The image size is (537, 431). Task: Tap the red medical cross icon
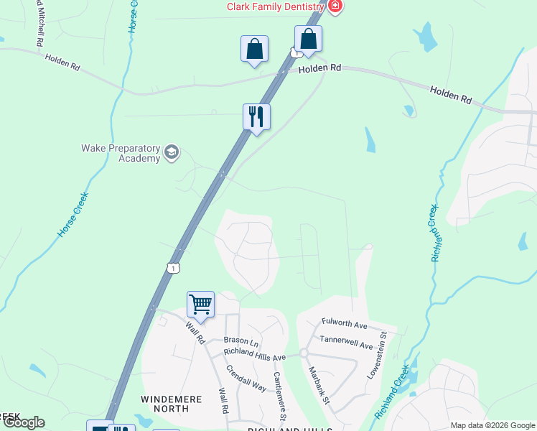[335, 6]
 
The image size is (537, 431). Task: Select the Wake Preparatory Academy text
[121, 153]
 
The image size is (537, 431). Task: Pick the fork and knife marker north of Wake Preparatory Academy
[256, 116]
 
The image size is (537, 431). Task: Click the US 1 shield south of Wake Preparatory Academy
[173, 268]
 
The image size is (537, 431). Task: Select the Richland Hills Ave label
[255, 354]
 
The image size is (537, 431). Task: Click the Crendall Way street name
[246, 377]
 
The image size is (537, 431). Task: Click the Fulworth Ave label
[345, 324]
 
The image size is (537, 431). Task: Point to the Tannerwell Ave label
[347, 341]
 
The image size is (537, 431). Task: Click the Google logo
[23, 422]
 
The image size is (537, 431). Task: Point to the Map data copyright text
[492, 425]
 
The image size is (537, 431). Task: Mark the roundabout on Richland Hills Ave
[304, 353]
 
